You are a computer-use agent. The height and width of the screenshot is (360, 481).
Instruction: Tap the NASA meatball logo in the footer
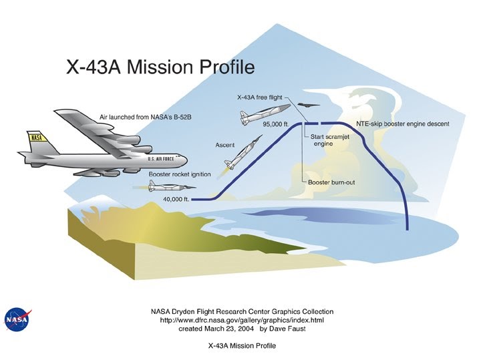pyautogui.click(x=17, y=319)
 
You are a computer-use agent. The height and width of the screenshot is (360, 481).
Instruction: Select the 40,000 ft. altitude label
pyautogui.click(x=177, y=198)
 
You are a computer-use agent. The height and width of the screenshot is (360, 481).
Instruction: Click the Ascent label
pyautogui.click(x=224, y=144)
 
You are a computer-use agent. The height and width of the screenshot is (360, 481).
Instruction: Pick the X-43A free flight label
pyautogui.click(x=263, y=97)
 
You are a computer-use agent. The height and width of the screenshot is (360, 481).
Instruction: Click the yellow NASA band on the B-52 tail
pyautogui.click(x=36, y=139)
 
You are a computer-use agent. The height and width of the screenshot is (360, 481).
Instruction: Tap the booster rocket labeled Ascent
pyautogui.click(x=243, y=154)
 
